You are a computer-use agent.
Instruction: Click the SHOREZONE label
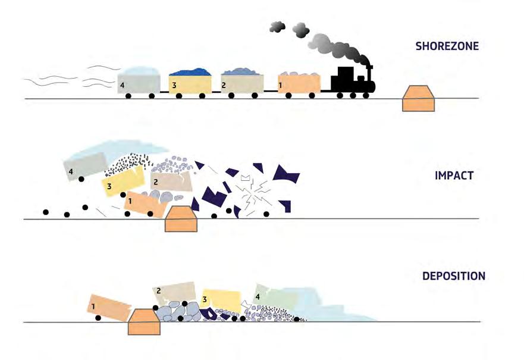pos(447,45)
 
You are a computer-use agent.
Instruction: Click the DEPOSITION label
pos(454,276)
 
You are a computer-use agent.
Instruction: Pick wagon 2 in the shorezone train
pos(242,83)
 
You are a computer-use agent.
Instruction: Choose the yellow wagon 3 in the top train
pos(190,84)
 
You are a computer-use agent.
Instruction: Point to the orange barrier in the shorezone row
pos(420,99)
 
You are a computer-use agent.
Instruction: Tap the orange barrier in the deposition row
pos(144,321)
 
